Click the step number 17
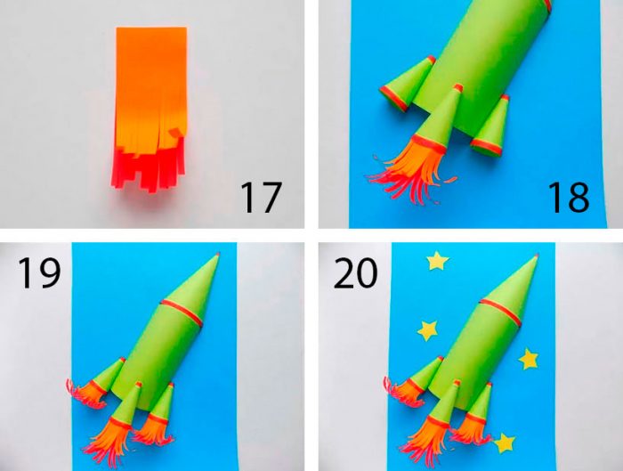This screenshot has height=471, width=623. (261, 198)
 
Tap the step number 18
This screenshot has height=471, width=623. (569, 198)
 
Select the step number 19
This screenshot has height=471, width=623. (39, 272)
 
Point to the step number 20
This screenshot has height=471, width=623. (355, 272)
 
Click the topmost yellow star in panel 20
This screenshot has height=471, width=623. (438, 261)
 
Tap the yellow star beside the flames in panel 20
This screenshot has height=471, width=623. (505, 443)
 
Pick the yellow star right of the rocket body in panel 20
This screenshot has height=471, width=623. (529, 359)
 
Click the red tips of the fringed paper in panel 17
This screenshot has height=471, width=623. (147, 169)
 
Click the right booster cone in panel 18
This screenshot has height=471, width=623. (489, 126)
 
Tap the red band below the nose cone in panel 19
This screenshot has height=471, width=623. (182, 312)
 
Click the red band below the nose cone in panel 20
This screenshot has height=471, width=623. (499, 312)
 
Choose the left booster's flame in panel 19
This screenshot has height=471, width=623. (85, 393)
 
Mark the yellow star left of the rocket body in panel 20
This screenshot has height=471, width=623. (427, 330)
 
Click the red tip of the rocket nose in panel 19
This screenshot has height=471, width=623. (218, 254)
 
